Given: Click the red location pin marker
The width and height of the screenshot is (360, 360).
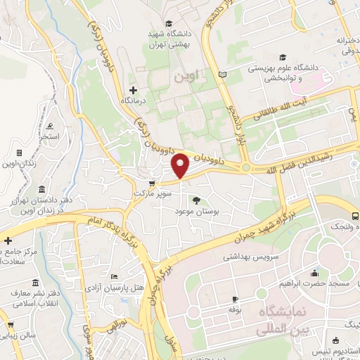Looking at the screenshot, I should [x=181, y=165].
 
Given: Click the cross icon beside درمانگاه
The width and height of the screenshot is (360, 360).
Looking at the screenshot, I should [x=133, y=90].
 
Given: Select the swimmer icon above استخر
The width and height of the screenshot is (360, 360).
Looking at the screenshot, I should [x=50, y=127].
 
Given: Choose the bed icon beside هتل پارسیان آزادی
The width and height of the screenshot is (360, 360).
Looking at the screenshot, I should [x=114, y=276].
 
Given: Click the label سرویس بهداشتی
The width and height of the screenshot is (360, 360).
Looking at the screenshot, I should [x=251, y=257].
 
